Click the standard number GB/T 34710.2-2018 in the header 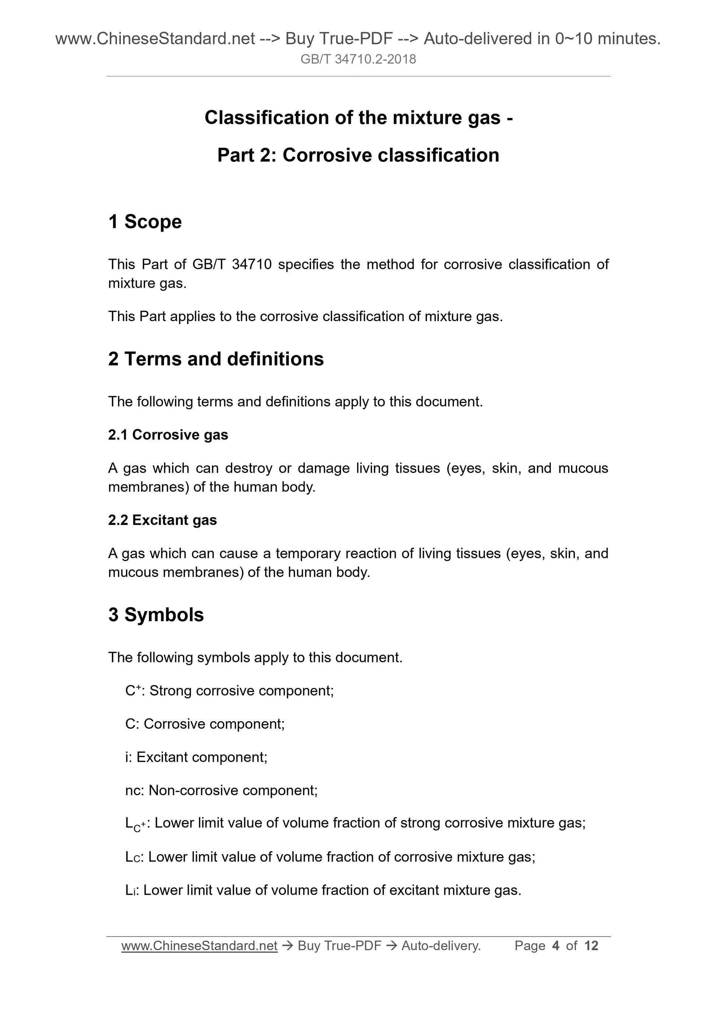coord(358,59)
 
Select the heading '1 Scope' coord(145,222)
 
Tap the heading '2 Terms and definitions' coord(216,359)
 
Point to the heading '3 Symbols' coord(156,615)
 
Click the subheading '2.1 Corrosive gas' coord(168,435)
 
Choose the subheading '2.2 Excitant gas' coord(162,520)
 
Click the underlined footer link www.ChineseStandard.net coord(199,945)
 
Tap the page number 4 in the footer coord(556,945)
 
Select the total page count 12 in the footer coord(591,945)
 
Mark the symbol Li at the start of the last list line coord(132,890)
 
